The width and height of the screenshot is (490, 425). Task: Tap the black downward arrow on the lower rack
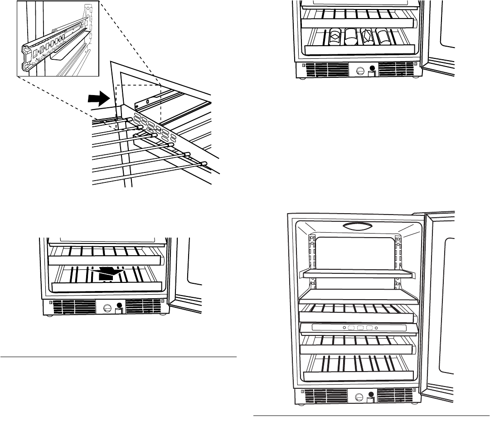coord(109,271)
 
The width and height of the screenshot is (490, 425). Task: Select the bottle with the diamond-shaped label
coord(335,36)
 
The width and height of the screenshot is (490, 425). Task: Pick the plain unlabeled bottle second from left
coord(351,36)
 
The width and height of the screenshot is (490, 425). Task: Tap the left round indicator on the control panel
coord(345,328)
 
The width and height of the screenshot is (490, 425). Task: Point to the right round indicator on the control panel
coord(376,328)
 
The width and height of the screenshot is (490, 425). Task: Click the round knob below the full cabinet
coord(359,398)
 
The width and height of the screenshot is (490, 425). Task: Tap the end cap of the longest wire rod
coord(204,163)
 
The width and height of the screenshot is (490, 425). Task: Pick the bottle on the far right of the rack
coord(383,36)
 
